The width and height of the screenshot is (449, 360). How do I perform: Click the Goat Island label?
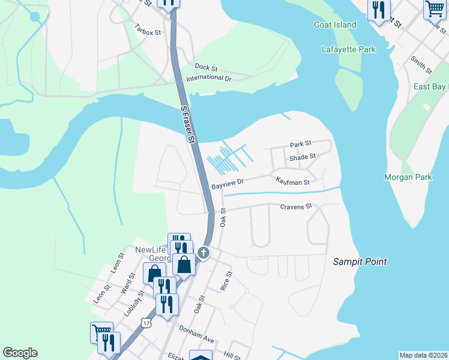click(335, 25)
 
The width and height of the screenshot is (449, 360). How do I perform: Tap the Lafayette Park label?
click(348, 49)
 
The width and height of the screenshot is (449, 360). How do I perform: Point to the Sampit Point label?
click(360, 262)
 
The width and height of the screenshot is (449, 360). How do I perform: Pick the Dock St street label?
click(205, 67)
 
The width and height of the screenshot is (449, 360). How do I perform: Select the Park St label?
click(301, 144)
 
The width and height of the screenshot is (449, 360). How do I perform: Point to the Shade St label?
click(303, 157)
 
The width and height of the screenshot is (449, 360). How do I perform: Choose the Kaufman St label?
click(292, 181)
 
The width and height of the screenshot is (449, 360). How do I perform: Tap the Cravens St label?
click(297, 206)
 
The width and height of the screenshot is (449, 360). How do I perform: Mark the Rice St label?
click(226, 280)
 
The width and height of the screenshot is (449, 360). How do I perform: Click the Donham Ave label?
click(196, 334)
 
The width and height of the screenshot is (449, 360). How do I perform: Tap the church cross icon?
click(203, 252)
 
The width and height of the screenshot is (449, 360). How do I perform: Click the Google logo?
click(20, 353)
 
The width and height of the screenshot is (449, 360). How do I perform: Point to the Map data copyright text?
click(423, 355)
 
